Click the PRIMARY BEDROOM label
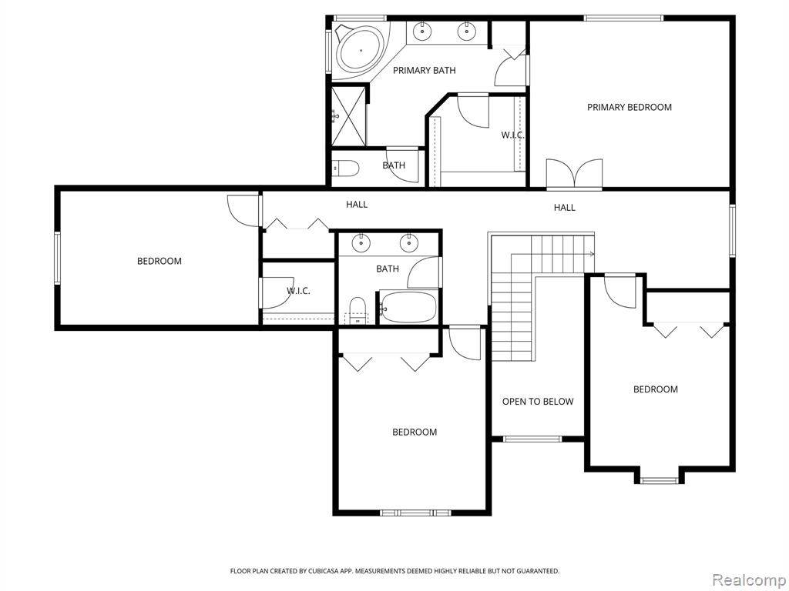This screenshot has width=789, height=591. tap(629, 107)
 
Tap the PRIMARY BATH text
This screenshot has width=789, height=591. tap(425, 70)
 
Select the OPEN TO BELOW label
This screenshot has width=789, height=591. tap(538, 402)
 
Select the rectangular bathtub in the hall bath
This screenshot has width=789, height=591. tap(408, 307)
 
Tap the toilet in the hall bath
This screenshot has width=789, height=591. tap(358, 310)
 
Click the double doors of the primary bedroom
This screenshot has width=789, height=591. tap(574, 175)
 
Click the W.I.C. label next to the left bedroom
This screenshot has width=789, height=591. tap(298, 291)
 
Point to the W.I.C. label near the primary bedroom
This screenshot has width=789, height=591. tap(512, 135)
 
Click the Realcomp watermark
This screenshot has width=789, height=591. tap(749, 579)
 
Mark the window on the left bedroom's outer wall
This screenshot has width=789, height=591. tap(57, 258)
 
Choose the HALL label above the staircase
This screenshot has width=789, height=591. tap(565, 208)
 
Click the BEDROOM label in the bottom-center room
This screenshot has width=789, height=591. tap(415, 432)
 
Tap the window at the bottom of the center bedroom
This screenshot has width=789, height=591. tap(415, 513)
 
